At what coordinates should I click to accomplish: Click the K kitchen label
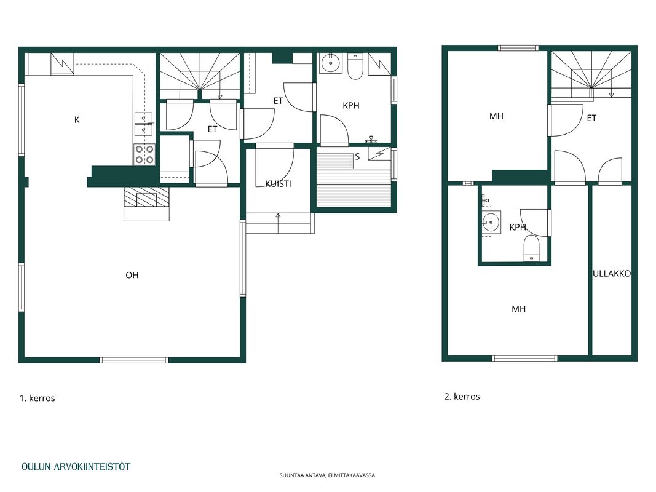pos(77,120)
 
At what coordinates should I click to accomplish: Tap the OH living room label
pos(132,275)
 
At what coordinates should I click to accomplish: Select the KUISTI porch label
pos(279,184)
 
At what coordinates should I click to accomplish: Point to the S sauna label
pos(357,157)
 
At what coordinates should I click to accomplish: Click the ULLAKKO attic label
pos(612,274)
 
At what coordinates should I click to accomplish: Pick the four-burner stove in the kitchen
pos(144,154)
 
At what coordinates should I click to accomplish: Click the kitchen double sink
pos(144,124)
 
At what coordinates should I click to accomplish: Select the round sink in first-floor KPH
pos(331,63)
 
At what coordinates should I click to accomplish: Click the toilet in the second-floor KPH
pos(532,248)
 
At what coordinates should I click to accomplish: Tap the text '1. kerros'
pos(38,398)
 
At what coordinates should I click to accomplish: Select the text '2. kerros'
pos(462,396)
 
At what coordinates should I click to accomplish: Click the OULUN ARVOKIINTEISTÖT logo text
pos(76,467)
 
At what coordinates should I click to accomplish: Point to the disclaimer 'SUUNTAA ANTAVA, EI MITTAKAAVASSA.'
pos(328,475)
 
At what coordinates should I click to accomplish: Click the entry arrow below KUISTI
pos(279,223)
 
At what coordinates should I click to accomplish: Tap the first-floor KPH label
pos(351,105)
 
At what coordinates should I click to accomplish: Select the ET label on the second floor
pos(591,119)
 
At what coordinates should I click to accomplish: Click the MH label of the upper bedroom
pos(496,116)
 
